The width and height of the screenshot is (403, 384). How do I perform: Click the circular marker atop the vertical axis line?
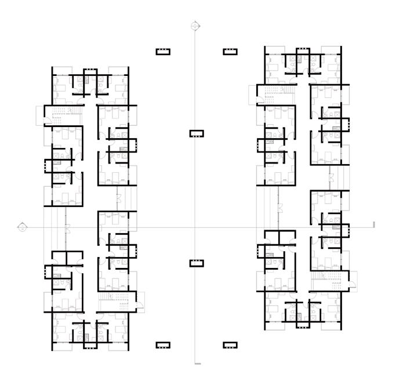[197, 26]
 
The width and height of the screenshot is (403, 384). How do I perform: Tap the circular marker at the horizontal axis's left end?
[22, 226]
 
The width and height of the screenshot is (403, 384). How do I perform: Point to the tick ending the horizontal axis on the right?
[375, 224]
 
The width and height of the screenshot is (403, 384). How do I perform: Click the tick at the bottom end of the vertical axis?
[198, 364]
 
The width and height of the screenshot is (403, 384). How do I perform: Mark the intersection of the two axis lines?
[197, 226]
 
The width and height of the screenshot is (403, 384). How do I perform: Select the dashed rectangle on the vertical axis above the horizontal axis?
[197, 133]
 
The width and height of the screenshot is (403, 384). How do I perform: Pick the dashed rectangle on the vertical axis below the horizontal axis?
[197, 263]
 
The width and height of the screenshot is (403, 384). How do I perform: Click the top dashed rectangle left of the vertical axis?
[163, 52]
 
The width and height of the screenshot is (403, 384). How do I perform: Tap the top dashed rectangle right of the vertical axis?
[230, 52]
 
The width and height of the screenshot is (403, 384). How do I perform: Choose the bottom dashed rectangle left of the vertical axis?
[163, 345]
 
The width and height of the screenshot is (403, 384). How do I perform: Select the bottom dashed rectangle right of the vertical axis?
[230, 345]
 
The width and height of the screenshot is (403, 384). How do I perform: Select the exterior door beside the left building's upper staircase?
[40, 115]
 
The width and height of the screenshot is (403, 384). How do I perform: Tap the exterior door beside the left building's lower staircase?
[139, 300]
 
